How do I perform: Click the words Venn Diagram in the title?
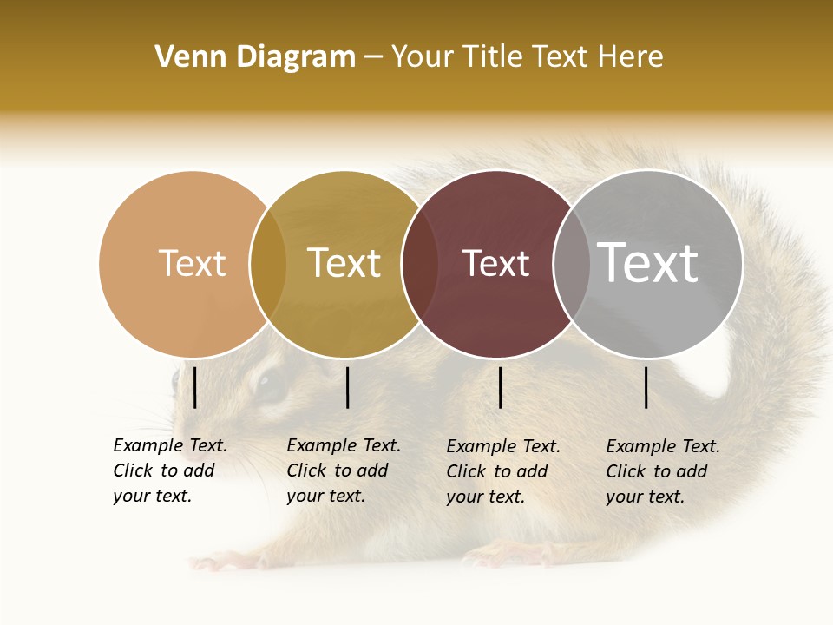(x=255, y=57)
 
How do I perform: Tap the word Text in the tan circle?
(x=192, y=263)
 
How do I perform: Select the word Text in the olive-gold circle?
(x=344, y=263)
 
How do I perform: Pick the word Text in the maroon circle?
(x=495, y=263)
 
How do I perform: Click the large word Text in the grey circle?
(x=647, y=262)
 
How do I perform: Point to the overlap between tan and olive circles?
(x=268, y=264)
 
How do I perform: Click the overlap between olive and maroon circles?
(x=420, y=264)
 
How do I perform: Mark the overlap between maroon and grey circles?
(x=571, y=264)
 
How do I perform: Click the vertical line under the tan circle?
(x=194, y=387)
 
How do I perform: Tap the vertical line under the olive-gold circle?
(x=347, y=387)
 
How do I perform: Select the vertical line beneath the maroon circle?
(x=500, y=387)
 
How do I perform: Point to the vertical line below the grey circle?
(x=646, y=387)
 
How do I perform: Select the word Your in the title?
(x=423, y=57)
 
